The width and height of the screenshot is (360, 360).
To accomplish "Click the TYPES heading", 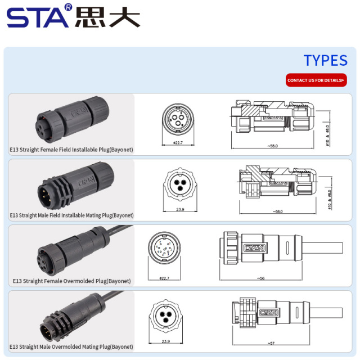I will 325,61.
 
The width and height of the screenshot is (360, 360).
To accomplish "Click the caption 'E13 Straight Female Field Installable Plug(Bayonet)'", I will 71,150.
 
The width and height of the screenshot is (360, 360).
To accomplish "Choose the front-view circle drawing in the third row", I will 164,249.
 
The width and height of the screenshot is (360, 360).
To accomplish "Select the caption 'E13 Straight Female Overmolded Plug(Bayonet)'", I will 71,281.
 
